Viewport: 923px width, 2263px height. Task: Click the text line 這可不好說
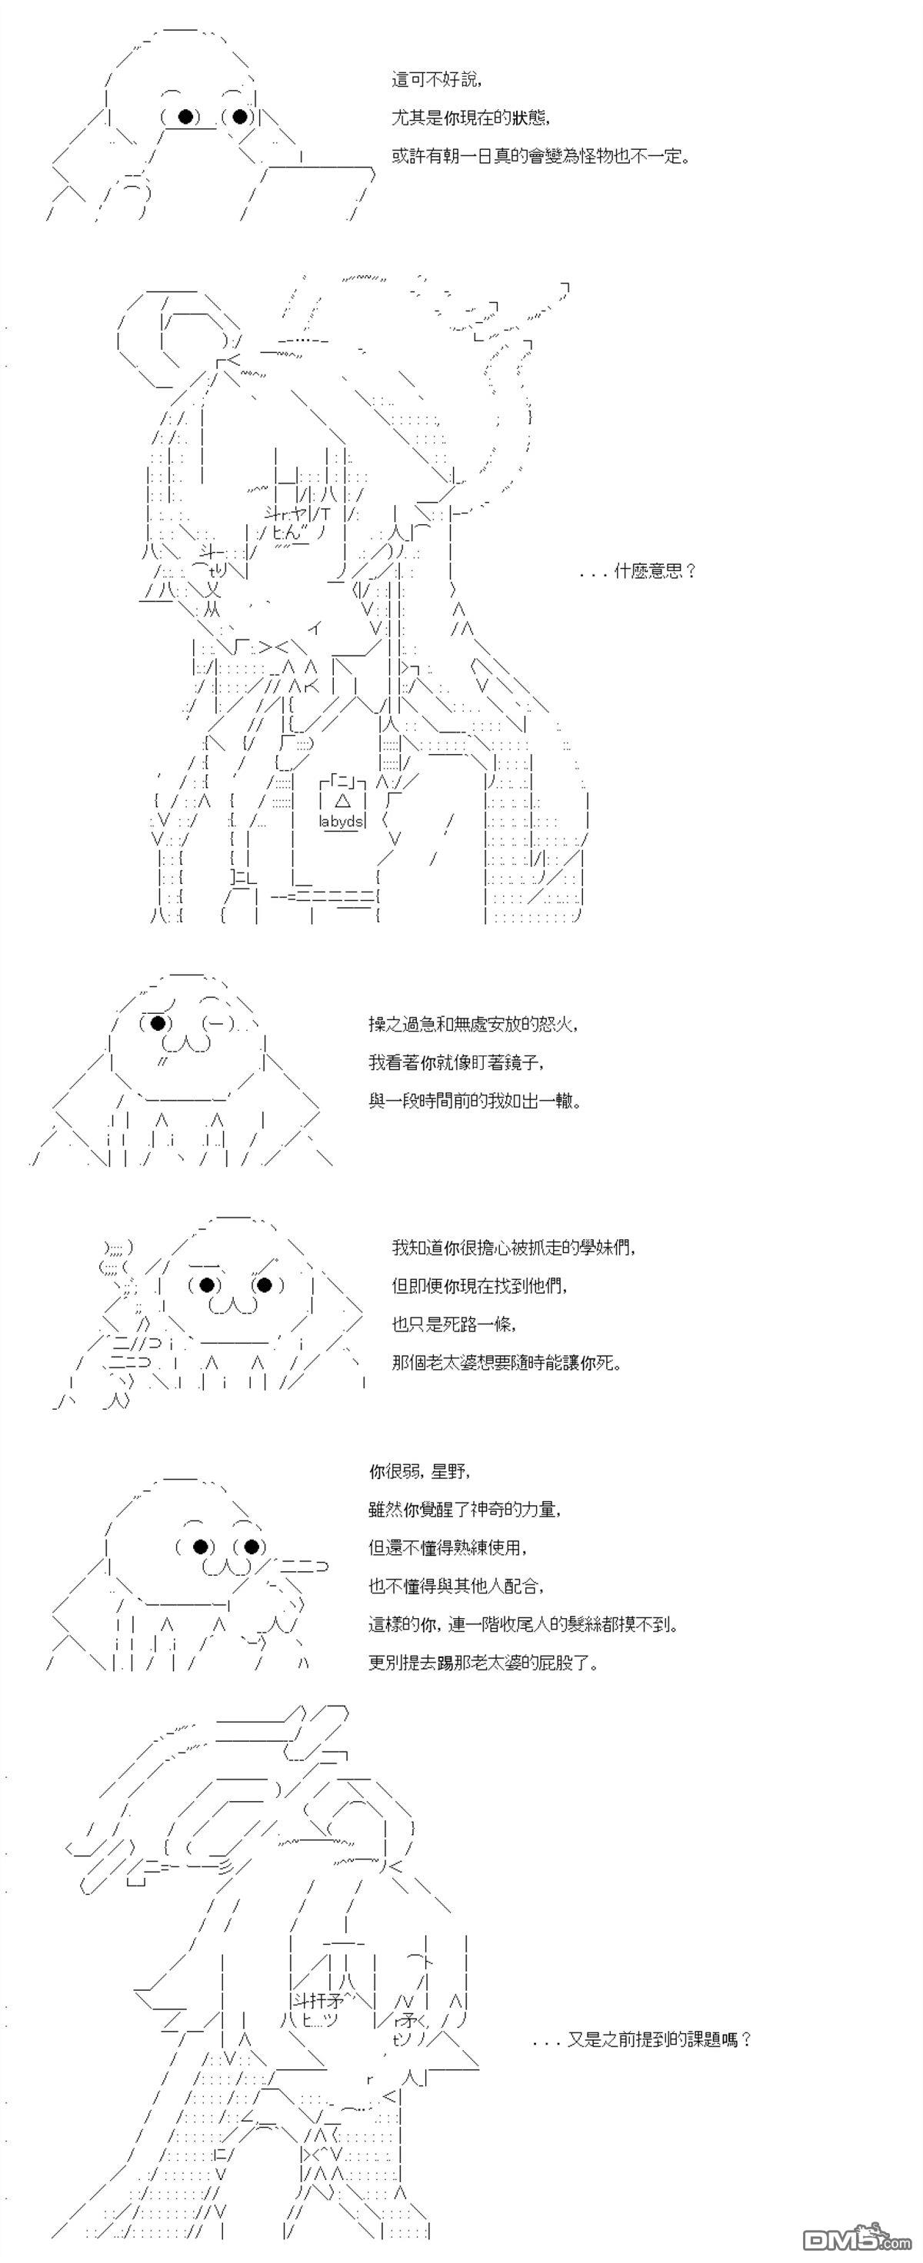click(x=437, y=80)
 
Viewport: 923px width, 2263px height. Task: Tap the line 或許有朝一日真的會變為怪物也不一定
click(x=540, y=156)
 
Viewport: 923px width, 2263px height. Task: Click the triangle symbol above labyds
click(x=343, y=800)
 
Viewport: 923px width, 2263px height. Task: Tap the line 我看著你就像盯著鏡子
click(x=456, y=1062)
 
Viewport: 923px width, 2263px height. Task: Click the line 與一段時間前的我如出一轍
click(x=475, y=1100)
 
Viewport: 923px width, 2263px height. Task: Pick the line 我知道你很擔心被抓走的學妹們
click(x=513, y=1248)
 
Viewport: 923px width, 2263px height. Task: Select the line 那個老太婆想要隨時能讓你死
click(x=506, y=1363)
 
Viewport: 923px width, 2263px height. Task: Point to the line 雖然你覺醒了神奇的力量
click(x=465, y=1509)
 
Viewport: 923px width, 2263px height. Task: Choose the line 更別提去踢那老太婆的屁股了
click(x=484, y=1662)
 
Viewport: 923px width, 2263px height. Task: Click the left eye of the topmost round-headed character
click(x=185, y=116)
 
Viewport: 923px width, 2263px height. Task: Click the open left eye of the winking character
click(x=158, y=1022)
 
